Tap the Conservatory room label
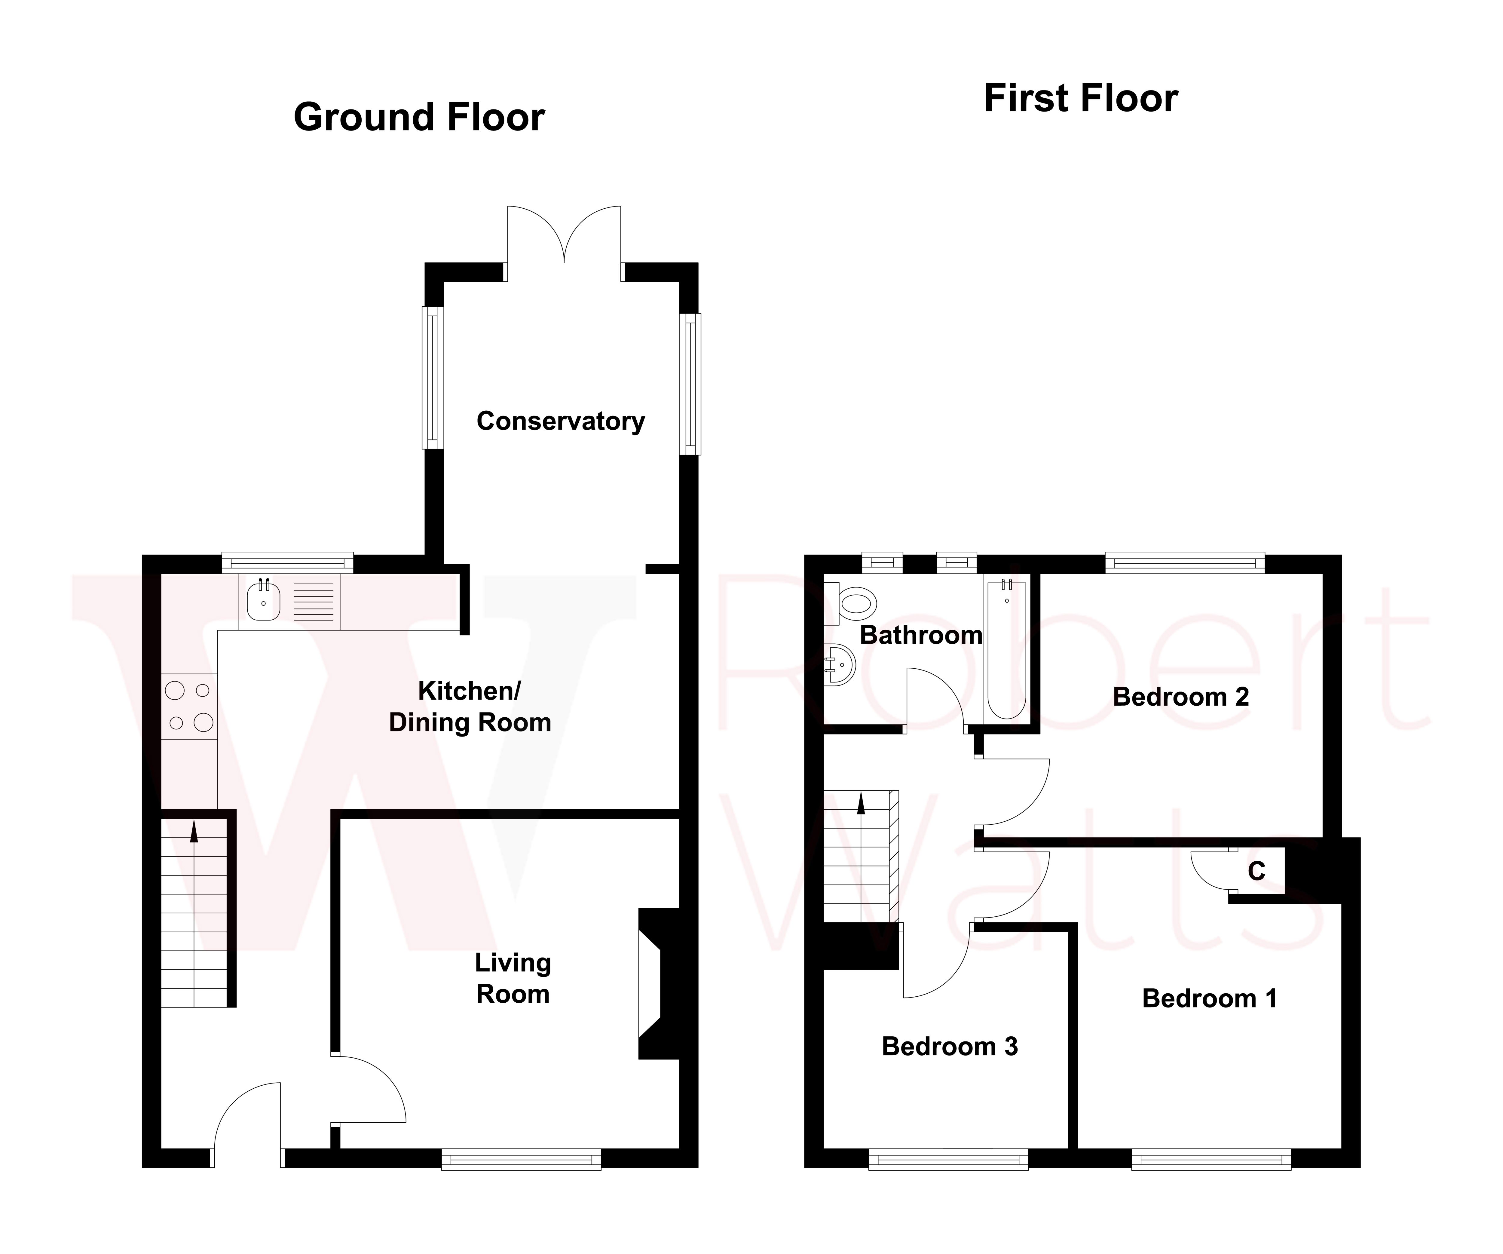coord(560,421)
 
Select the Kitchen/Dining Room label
coord(470,707)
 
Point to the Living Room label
coord(513,978)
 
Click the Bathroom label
coord(920,635)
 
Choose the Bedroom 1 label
coord(1209,998)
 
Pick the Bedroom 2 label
coord(1180,696)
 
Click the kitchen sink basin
coord(263,601)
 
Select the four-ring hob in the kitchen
coord(189,707)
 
